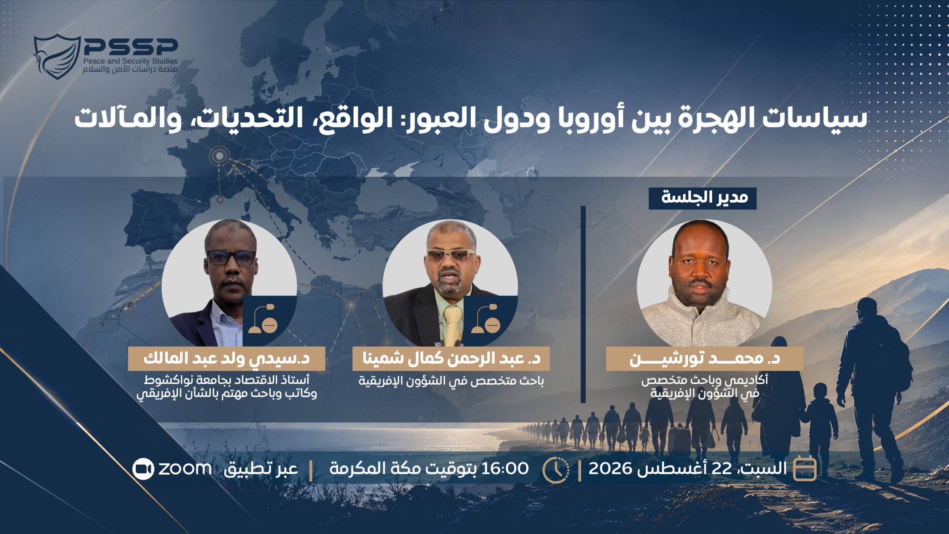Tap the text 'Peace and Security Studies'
click(x=130, y=61)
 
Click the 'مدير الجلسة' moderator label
click(x=702, y=198)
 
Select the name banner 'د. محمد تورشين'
click(x=705, y=358)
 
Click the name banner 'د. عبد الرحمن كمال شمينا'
click(x=451, y=358)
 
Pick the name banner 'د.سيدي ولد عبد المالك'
click(x=226, y=358)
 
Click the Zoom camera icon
click(x=143, y=469)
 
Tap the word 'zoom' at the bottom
click(x=185, y=469)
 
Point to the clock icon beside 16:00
click(x=556, y=470)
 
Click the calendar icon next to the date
click(x=804, y=468)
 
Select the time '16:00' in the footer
click(x=505, y=469)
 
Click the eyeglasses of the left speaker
click(x=231, y=257)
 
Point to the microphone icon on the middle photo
click(x=486, y=318)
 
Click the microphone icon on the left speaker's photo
click(x=263, y=318)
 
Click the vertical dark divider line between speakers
click(x=583, y=304)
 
